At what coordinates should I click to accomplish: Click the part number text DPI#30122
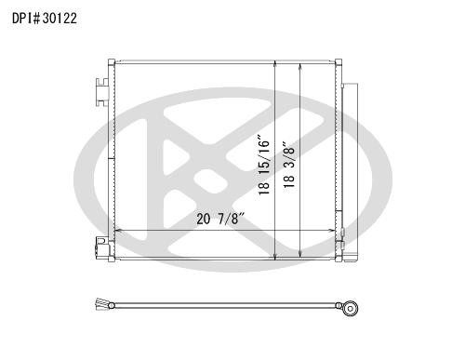45,19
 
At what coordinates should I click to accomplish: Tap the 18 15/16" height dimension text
264,165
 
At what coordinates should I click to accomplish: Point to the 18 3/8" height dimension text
288,165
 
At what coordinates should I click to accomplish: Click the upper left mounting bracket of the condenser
102,92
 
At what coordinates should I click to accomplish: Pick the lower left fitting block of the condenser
102,247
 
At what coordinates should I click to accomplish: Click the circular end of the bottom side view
351,309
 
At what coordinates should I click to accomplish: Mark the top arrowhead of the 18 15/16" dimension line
275,63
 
